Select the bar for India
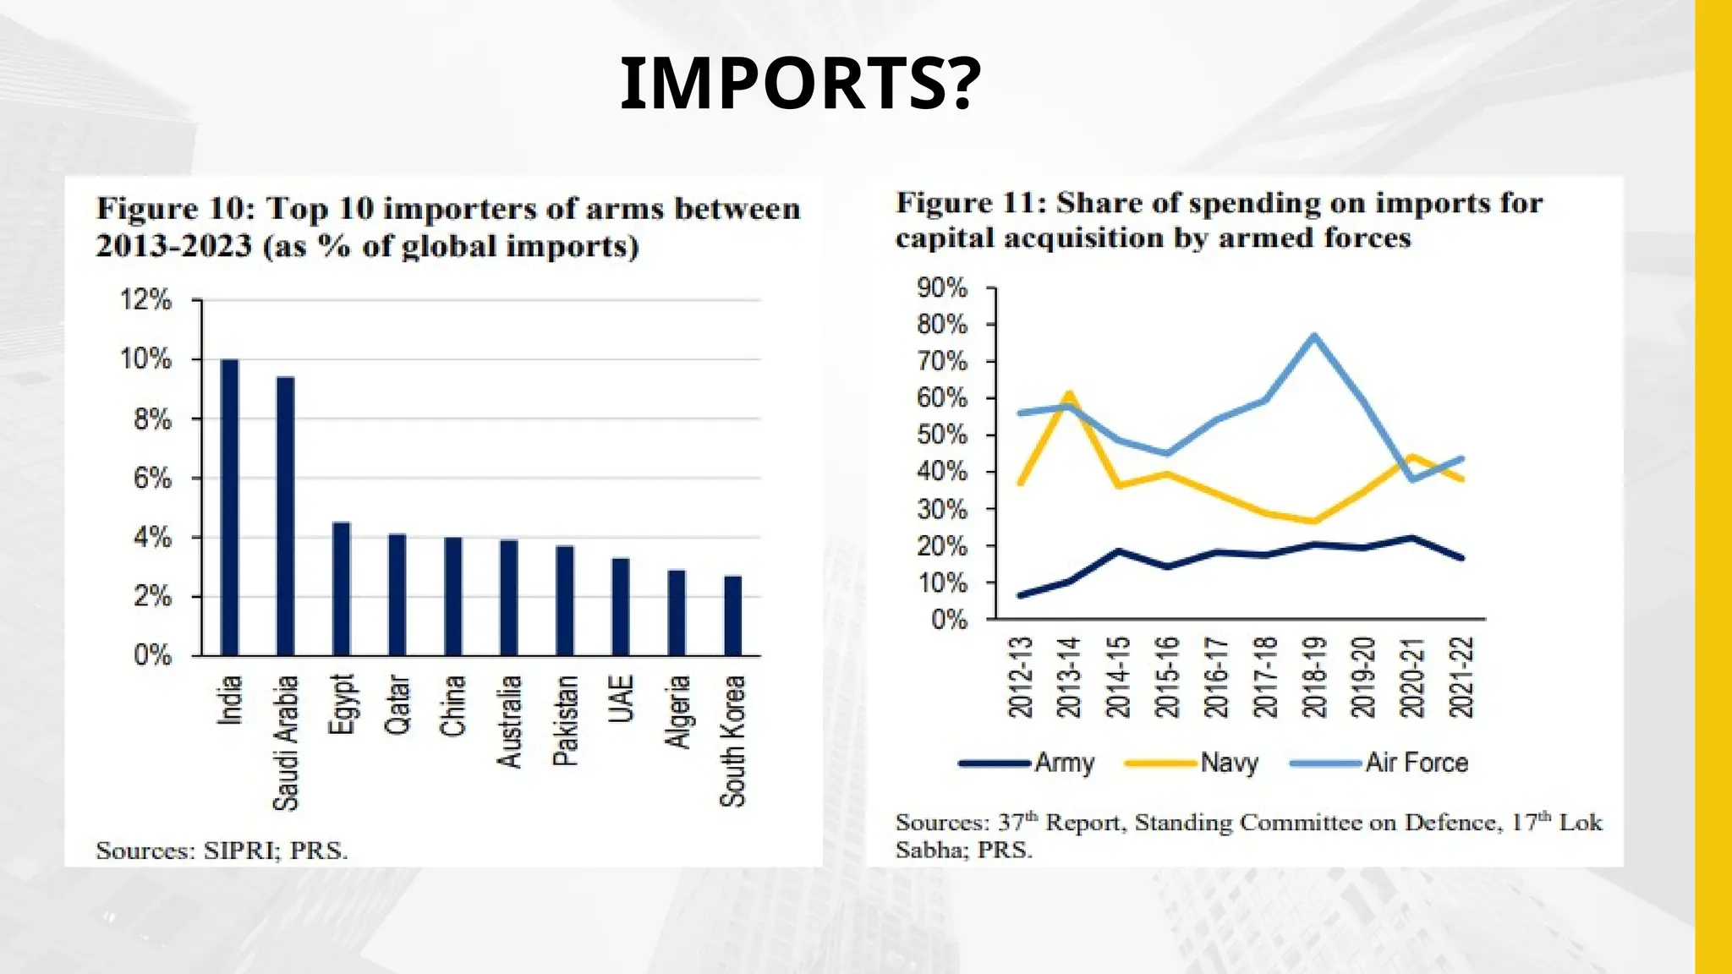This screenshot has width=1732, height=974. (229, 507)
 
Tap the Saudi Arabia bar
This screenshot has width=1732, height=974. (286, 516)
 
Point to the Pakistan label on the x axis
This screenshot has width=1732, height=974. (565, 720)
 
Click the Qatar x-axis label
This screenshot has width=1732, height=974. (397, 704)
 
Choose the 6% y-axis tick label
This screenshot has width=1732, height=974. (152, 479)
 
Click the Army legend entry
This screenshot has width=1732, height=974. (1064, 763)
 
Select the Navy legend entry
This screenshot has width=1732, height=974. (1229, 763)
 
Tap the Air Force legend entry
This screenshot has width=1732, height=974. (1417, 763)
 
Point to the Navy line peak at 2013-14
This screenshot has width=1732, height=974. (1069, 394)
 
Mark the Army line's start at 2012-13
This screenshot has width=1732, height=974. (1021, 595)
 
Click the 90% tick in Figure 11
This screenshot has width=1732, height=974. (941, 288)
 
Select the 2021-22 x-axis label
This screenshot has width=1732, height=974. (1461, 677)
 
